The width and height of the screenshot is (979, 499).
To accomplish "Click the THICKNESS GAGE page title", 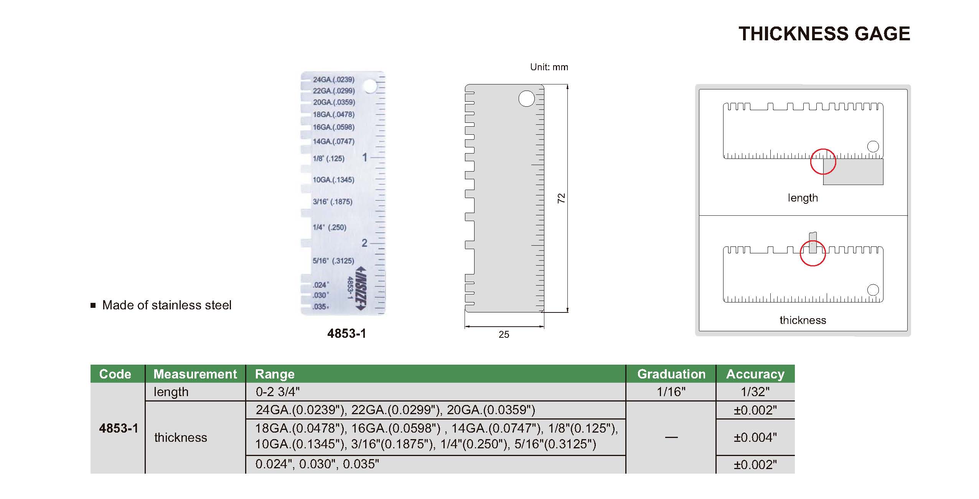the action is coord(824,34).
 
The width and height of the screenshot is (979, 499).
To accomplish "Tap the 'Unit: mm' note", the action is coord(549,67).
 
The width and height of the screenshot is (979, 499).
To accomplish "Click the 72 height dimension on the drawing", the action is coord(561,198).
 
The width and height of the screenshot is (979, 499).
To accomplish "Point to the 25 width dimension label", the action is coord(504,335).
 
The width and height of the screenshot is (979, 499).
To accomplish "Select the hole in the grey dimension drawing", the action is coord(526,99).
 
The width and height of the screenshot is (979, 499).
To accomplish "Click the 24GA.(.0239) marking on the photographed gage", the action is coord(334,80).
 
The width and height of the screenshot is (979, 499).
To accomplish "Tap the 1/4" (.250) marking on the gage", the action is coord(330,227).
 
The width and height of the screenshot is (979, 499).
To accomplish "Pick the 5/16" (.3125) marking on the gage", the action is coord(333,261).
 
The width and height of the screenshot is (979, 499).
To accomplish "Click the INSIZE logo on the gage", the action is coord(361,288).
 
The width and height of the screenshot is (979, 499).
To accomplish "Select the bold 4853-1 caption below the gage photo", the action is coord(347,334).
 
